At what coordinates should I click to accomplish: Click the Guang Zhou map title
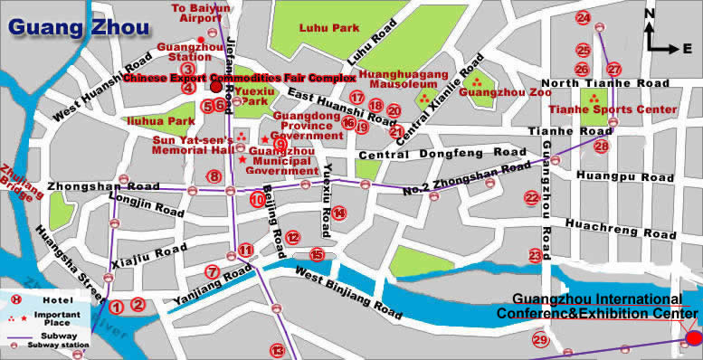(x=79, y=26)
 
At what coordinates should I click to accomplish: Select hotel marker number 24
(x=584, y=18)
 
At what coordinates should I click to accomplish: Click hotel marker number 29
(x=540, y=340)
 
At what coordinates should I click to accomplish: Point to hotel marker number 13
(x=279, y=350)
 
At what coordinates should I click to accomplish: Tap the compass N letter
(x=649, y=14)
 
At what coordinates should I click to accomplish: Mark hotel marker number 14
(x=338, y=213)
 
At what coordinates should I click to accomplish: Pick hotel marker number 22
(x=531, y=197)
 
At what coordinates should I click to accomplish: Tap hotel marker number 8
(x=214, y=176)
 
